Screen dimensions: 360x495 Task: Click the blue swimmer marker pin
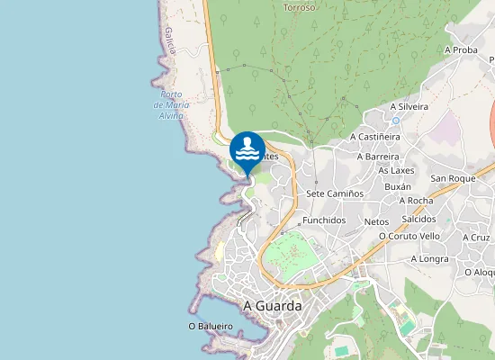coord(247,150)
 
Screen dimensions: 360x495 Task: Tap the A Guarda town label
coord(273,305)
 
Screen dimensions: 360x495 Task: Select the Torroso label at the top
coord(300,7)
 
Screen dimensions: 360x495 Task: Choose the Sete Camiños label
coord(334,193)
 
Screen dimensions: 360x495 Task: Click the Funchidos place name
coord(324,220)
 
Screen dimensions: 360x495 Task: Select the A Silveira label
coord(409,106)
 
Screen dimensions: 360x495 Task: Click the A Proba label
coord(461,50)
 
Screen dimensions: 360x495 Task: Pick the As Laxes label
coord(396,170)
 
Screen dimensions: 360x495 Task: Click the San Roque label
coord(453,178)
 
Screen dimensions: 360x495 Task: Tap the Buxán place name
coord(397,186)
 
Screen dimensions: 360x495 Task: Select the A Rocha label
coord(415,201)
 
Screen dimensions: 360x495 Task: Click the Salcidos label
coord(418,219)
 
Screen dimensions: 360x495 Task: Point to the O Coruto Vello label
coord(409,236)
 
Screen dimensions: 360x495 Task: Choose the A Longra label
coord(429,258)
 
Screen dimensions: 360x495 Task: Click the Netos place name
coord(376,220)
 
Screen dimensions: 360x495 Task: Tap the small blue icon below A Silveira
coord(395,120)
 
